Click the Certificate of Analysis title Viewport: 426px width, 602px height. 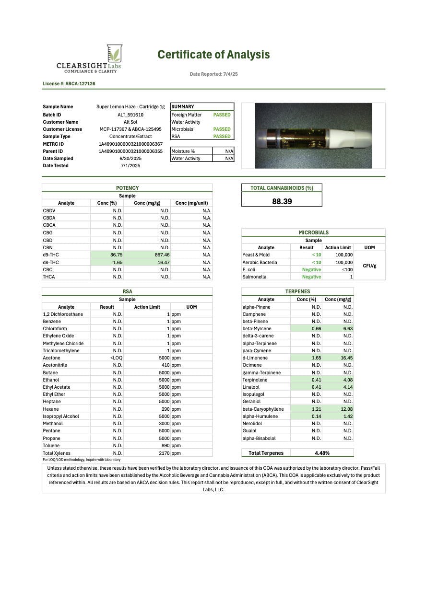click(213, 55)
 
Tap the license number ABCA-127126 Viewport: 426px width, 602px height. click(69, 84)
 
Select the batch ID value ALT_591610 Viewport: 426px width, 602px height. click(130, 115)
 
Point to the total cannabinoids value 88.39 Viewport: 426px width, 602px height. click(282, 201)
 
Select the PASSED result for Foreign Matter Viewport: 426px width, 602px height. click(222, 115)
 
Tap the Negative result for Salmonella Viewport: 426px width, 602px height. click(311, 277)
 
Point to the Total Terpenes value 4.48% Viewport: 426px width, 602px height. click(322, 453)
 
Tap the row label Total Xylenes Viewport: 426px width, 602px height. click(57, 453)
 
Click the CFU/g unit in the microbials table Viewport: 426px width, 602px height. click(369, 266)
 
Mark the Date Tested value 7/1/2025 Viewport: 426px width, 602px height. click(130, 165)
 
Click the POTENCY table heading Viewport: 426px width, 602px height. click(127, 188)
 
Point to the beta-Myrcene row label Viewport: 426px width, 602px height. click(257, 329)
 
